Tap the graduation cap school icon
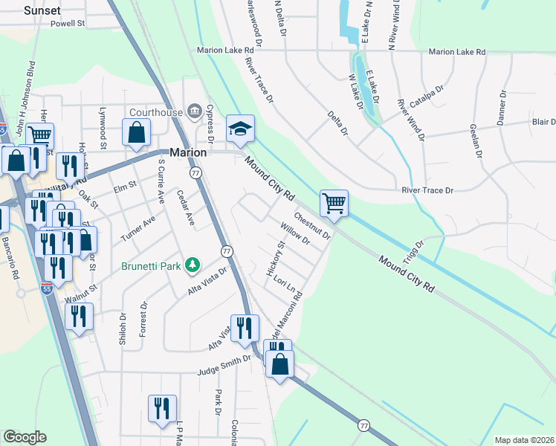point(241,129)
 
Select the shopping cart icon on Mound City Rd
point(334,203)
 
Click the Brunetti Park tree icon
point(193,265)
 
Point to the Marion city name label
point(188,152)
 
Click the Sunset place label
point(42,10)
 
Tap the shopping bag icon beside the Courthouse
point(138,135)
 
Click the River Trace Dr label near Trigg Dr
point(427,191)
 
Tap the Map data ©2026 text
point(524,440)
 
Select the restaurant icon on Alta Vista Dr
point(245,328)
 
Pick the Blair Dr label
point(543,122)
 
